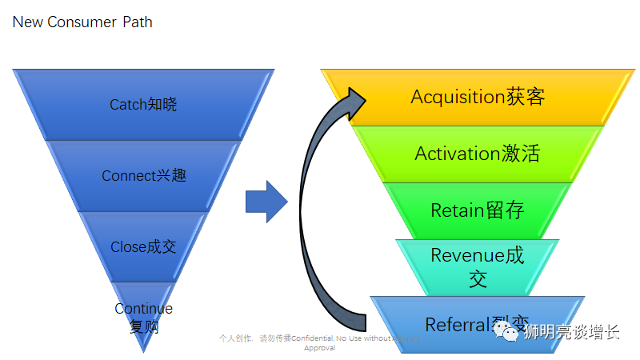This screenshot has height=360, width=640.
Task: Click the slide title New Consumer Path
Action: pyautogui.click(x=82, y=22)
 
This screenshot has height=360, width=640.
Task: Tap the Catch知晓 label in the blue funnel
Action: pyautogui.click(x=143, y=105)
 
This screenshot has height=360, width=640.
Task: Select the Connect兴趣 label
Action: pyautogui.click(x=143, y=176)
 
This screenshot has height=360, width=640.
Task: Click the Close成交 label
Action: pyautogui.click(x=143, y=247)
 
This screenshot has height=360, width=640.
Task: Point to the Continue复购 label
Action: pyautogui.click(x=143, y=318)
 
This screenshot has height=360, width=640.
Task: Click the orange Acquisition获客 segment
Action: pyautogui.click(x=478, y=97)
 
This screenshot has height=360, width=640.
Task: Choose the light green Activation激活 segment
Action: pyautogui.click(x=478, y=154)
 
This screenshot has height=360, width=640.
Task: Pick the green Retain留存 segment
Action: pyautogui.click(x=478, y=210)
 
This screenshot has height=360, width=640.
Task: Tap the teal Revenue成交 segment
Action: pyautogui.click(x=478, y=266)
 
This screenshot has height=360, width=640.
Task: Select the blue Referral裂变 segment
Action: pyautogui.click(x=478, y=325)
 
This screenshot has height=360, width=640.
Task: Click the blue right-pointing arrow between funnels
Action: pyautogui.click(x=266, y=202)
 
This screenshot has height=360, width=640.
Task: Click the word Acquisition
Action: pyautogui.click(x=456, y=97)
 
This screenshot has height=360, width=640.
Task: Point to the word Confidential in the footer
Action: pyautogui.click(x=312, y=338)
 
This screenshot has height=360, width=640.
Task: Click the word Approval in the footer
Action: pyautogui.click(x=319, y=348)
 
